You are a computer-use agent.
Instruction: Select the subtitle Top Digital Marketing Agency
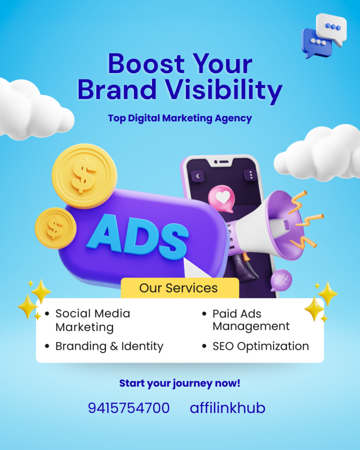click(180, 118)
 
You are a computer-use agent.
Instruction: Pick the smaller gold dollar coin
click(55, 228)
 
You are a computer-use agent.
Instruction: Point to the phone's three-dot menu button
click(251, 175)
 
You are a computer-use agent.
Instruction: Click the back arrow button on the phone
click(198, 176)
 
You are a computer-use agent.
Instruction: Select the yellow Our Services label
click(178, 288)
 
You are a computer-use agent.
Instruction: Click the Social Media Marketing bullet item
click(92, 320)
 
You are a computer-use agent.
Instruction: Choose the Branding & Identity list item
click(109, 346)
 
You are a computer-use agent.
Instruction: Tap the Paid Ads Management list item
click(251, 320)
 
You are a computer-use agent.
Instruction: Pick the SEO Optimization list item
click(260, 346)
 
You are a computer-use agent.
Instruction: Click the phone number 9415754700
click(129, 408)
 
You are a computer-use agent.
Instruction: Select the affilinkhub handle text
click(227, 408)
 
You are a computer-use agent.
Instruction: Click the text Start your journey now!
click(180, 383)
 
